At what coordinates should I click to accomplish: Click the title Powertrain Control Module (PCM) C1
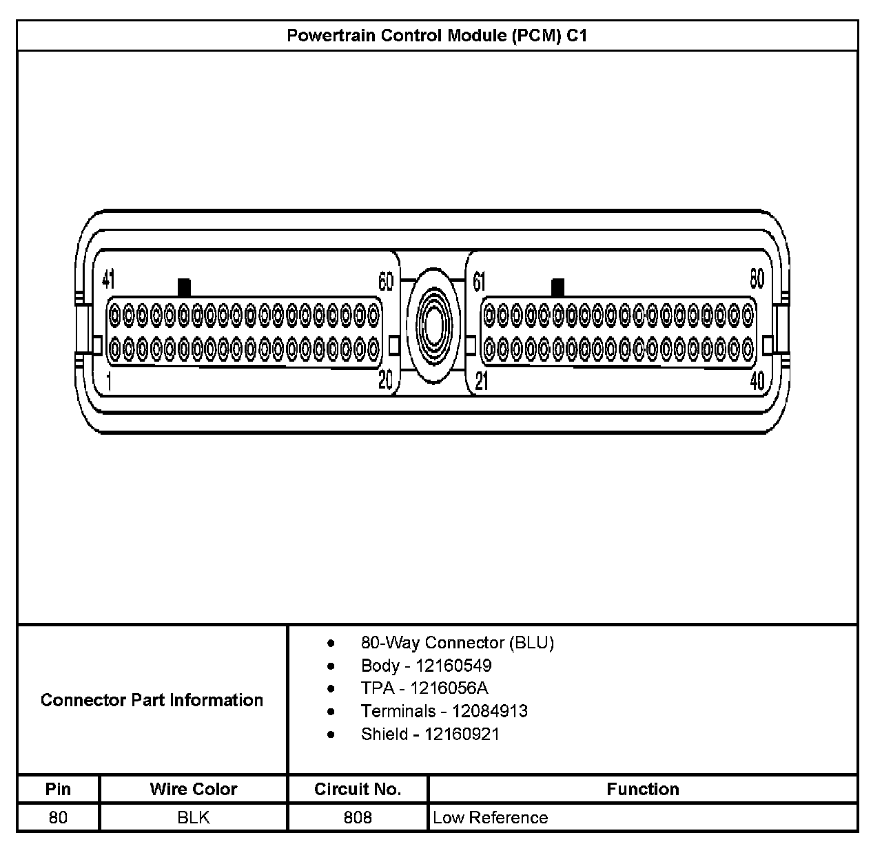(437, 36)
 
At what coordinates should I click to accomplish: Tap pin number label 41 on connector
(108, 279)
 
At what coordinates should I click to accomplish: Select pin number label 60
(386, 281)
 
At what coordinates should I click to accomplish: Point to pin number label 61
(480, 281)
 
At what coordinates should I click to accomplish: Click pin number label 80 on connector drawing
(757, 278)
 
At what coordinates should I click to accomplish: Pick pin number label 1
(109, 381)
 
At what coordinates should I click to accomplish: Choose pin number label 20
(386, 380)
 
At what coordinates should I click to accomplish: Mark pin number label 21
(481, 381)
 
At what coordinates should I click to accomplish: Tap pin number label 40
(757, 380)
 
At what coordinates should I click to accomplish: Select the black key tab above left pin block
(184, 287)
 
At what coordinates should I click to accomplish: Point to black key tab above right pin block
(557, 287)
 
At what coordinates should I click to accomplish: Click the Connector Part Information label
(152, 700)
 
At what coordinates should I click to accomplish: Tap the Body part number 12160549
(453, 666)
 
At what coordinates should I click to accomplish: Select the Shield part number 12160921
(462, 734)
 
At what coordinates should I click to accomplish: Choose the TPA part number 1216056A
(449, 688)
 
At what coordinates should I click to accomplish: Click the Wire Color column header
(193, 789)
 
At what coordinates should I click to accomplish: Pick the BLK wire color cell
(193, 818)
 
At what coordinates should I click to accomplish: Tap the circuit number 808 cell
(358, 818)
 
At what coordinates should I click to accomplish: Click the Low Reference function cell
(491, 818)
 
